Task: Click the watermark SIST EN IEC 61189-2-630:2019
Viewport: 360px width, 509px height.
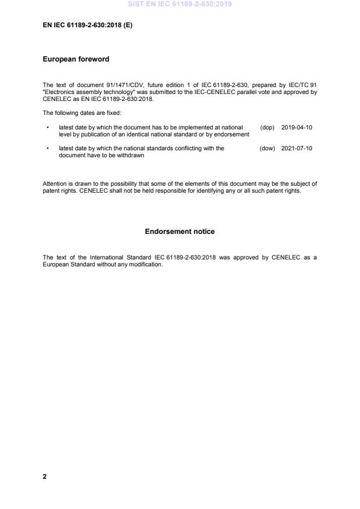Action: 179,4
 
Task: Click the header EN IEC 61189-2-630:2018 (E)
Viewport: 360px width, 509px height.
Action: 88,26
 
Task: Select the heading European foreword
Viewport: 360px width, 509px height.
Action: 76,59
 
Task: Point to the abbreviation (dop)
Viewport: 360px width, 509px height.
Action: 267,127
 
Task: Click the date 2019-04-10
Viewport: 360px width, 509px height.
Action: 297,127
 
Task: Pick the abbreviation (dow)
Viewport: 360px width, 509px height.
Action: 267,148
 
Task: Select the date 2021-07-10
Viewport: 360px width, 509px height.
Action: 297,148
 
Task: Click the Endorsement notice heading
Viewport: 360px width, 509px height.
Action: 179,232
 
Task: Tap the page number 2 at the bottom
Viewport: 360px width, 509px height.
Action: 45,476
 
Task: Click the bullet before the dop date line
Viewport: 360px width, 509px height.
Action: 47,127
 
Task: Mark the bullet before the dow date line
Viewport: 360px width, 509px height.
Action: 47,148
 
